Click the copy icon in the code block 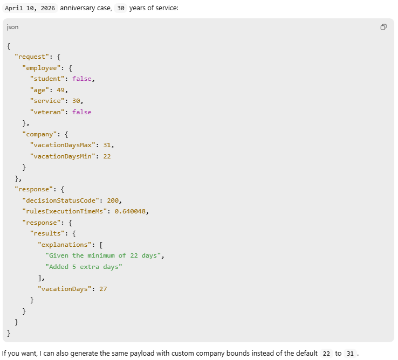(383, 27)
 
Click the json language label (12, 27)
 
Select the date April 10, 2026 (30, 8)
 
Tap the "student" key (47, 79)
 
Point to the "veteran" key (47, 112)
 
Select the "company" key (39, 134)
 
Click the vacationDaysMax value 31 (108, 146)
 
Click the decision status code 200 (114, 200)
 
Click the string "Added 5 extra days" (84, 267)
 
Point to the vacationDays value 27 (103, 289)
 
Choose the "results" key (49, 233)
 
